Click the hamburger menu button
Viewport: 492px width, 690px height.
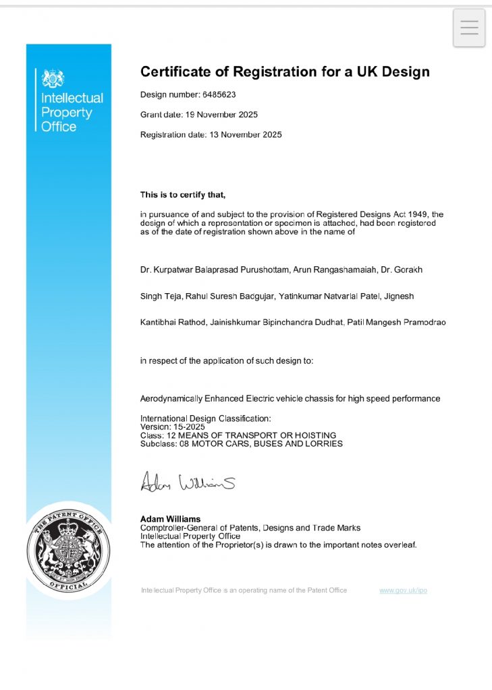coord(469,28)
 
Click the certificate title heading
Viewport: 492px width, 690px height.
coord(285,71)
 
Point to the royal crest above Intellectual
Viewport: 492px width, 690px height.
coord(53,79)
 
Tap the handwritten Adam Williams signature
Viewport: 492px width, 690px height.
coord(188,483)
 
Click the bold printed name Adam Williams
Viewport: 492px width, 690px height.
coord(170,519)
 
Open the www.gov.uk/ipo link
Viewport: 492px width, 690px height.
coord(403,590)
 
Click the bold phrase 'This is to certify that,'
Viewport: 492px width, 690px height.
coord(182,195)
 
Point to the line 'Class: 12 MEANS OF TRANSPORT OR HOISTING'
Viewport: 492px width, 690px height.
coord(238,435)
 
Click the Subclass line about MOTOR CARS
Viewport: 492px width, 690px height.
coord(241,444)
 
